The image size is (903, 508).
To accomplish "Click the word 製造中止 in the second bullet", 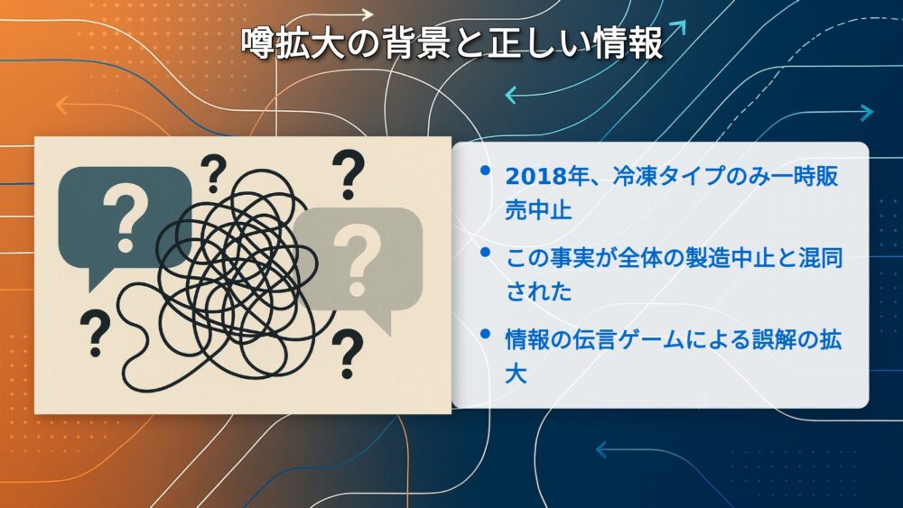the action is (730, 258).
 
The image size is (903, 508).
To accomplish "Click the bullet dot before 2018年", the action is (485, 171).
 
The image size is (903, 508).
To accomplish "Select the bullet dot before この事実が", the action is (485, 252).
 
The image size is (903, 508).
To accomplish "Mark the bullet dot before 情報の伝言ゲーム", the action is (485, 334).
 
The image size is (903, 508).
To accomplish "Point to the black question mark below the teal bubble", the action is (95, 333).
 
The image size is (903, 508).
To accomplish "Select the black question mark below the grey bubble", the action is (347, 354).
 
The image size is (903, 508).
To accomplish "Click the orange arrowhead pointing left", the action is (61, 106).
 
